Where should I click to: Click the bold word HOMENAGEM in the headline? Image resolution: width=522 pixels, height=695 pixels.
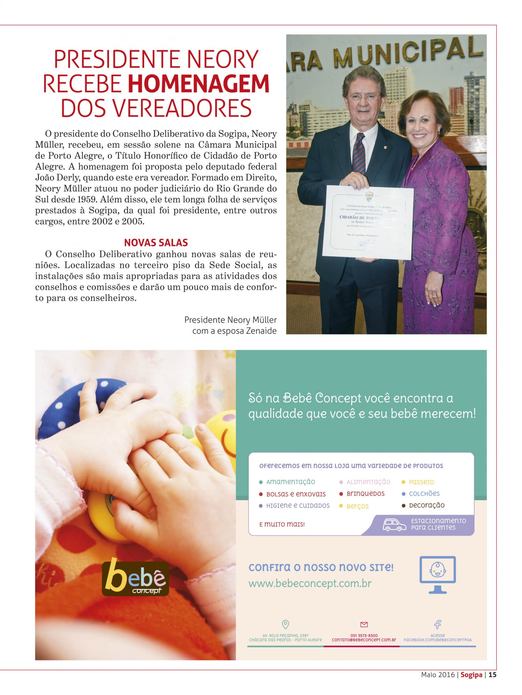[199, 84]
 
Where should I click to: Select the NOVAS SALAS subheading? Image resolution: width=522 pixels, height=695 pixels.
[156, 243]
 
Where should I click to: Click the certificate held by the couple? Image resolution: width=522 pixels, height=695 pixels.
[368, 222]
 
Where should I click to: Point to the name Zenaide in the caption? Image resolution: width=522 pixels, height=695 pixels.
[261, 331]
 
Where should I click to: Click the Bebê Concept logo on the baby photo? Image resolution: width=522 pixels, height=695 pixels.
[135, 578]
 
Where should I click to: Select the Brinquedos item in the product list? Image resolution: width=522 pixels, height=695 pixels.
[365, 494]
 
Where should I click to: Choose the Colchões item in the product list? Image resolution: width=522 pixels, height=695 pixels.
[424, 494]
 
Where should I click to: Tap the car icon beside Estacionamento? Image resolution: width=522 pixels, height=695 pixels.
[394, 524]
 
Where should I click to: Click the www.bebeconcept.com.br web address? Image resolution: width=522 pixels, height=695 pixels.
[310, 583]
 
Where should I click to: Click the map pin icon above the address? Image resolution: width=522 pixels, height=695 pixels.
[286, 624]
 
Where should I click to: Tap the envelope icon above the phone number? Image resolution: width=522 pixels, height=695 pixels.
[364, 624]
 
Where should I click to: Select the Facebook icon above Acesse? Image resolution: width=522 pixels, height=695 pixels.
[437, 624]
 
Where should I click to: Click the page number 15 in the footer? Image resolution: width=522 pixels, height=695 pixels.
[492, 675]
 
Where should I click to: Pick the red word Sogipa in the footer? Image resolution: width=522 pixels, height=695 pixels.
[471, 675]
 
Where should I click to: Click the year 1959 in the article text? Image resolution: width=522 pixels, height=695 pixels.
[86, 199]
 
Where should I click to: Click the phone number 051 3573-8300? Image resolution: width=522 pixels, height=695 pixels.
[364, 636]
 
